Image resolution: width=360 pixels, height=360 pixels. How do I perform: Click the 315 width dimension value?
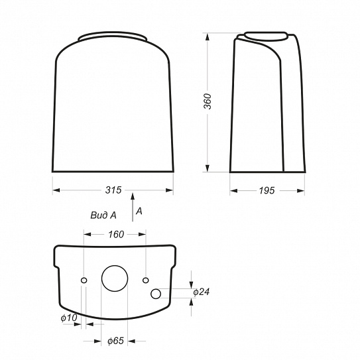tap(113, 190)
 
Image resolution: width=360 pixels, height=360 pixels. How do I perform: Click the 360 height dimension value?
tap(208, 101)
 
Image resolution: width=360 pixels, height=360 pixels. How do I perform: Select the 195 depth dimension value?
tap(267, 190)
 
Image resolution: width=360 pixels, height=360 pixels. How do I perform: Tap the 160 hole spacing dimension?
tap(116, 235)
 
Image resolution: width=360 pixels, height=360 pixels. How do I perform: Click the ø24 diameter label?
tap(202, 292)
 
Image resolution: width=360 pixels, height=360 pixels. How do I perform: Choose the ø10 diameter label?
tap(69, 318)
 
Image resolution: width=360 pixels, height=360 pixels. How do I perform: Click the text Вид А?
tap(103, 215)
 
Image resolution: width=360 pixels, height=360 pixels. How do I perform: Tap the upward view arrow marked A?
tap(132, 208)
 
